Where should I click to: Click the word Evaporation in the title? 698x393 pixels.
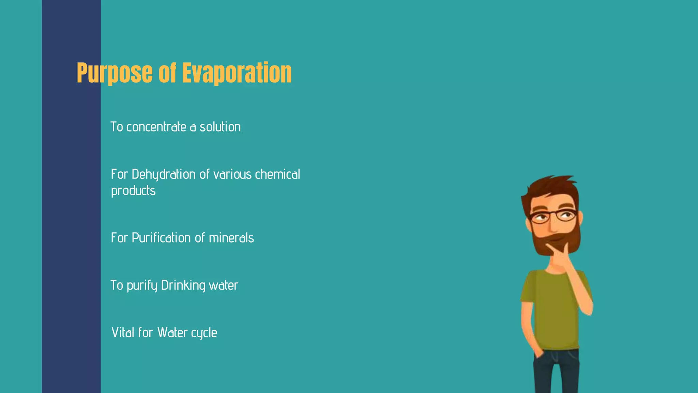pos(237,73)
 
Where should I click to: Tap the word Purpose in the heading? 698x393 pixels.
pos(115,73)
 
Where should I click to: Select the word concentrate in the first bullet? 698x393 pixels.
pos(156,127)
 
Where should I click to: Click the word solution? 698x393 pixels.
pos(220,127)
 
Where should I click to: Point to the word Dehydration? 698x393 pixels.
pos(163,175)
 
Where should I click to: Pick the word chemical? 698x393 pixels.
pos(277,175)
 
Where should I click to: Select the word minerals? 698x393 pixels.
pos(231,238)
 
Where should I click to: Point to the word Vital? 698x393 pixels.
pos(123,333)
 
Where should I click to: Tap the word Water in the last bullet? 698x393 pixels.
pos(172,333)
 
